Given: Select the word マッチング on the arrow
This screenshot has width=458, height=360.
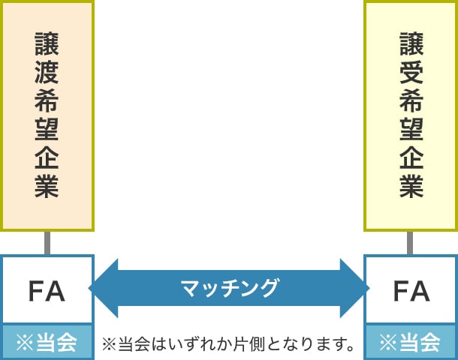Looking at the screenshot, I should pos(229,288).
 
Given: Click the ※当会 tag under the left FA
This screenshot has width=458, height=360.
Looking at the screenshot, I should pos(47,343).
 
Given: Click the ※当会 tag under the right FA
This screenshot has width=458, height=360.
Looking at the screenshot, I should pos(411,343).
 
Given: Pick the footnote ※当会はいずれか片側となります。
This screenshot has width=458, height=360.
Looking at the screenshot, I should pos(229,345).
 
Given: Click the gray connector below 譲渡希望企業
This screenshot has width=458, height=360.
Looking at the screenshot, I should pos(47,242).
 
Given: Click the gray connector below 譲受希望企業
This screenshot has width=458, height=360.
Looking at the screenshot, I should pos(411,242).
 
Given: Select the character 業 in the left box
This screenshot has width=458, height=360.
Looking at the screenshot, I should pos(47,186).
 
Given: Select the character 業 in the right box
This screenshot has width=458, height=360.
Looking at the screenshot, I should pos(411,186).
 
